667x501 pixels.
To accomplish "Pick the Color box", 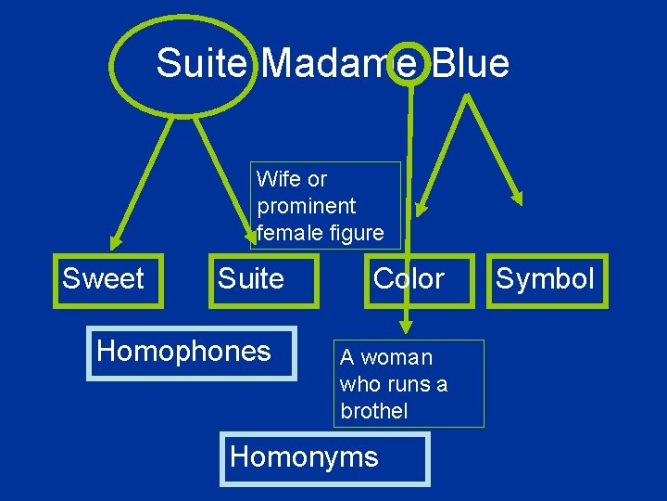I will click(409, 278).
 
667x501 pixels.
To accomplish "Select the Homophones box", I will click(191, 353).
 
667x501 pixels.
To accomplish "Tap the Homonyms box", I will click(324, 458).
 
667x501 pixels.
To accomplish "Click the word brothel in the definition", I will click(373, 411).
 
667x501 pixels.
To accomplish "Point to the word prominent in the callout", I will click(306, 204).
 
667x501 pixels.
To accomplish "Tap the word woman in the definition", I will click(396, 357).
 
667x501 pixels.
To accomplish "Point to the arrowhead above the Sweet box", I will click(115, 243).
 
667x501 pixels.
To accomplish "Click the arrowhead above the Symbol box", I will click(518, 198).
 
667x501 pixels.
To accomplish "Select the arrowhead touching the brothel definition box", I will click(405, 327).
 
